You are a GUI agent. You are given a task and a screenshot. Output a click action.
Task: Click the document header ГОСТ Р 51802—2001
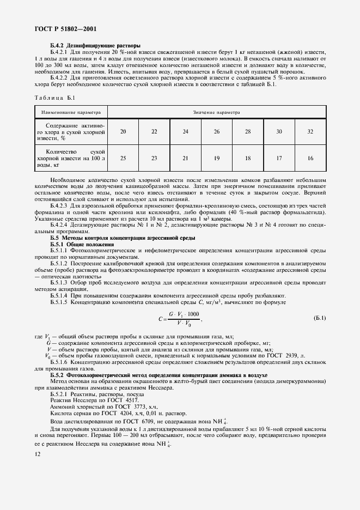(60, 28)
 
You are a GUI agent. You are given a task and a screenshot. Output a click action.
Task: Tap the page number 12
(38, 453)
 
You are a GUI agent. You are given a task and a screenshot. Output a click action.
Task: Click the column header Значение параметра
(216, 113)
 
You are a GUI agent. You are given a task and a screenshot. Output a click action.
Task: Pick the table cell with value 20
(123, 132)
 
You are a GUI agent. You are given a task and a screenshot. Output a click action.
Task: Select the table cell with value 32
(310, 132)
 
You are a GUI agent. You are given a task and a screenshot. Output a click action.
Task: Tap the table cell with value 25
(123, 157)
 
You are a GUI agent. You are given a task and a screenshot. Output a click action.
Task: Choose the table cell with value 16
(310, 157)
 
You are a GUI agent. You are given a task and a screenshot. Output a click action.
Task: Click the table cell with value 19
(217, 157)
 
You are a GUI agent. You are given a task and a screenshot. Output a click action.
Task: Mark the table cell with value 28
(248, 132)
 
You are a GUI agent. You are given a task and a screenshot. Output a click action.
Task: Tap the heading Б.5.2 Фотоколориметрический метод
(158, 375)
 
